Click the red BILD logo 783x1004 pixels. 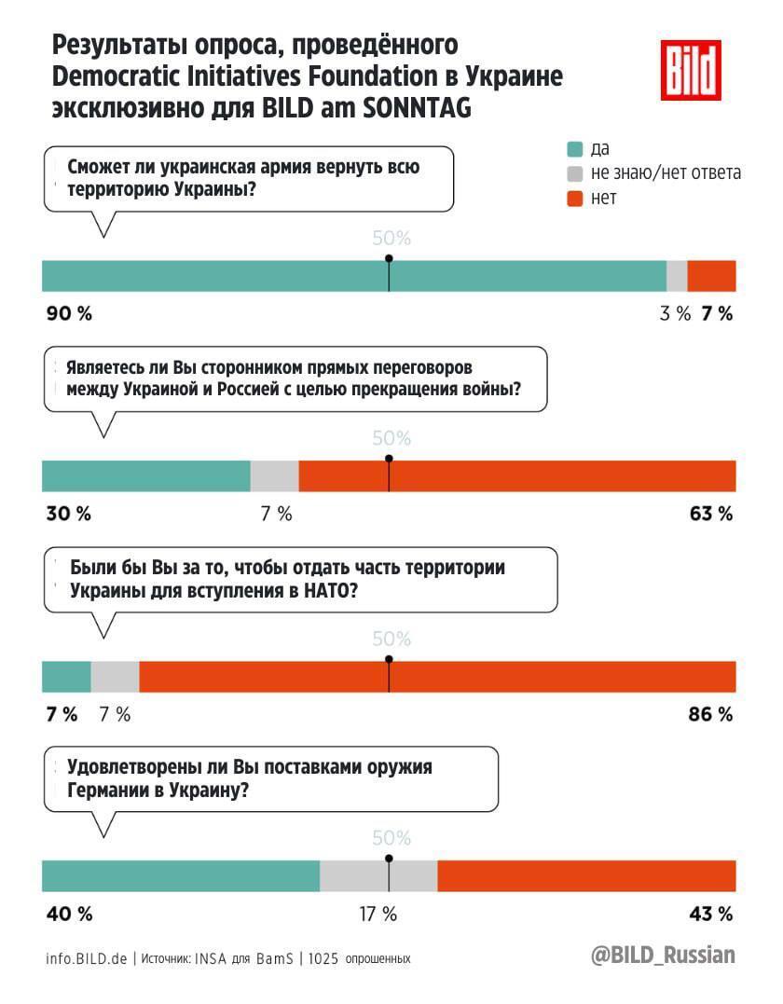pos(691,71)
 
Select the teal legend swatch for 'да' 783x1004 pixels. pos(575,149)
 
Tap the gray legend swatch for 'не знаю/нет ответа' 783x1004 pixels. pos(575,173)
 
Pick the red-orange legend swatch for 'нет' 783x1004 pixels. pos(575,199)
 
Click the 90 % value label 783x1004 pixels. pos(69,314)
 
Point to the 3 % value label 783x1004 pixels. pos(675,314)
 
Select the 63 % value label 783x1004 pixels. pos(711,514)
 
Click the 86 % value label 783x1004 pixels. pos(711,715)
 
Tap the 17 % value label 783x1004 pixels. pos(378,914)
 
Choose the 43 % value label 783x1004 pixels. pos(711,914)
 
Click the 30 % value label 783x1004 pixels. pos(69,514)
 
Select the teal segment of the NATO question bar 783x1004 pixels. pos(66,677)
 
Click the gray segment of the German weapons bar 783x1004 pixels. pos(378,876)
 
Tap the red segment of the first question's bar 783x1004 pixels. pos(711,277)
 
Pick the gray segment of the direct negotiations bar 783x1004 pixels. pos(274,476)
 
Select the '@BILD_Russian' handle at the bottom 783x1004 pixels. pos(663,956)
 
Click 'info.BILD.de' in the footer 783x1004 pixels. pos(87,958)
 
